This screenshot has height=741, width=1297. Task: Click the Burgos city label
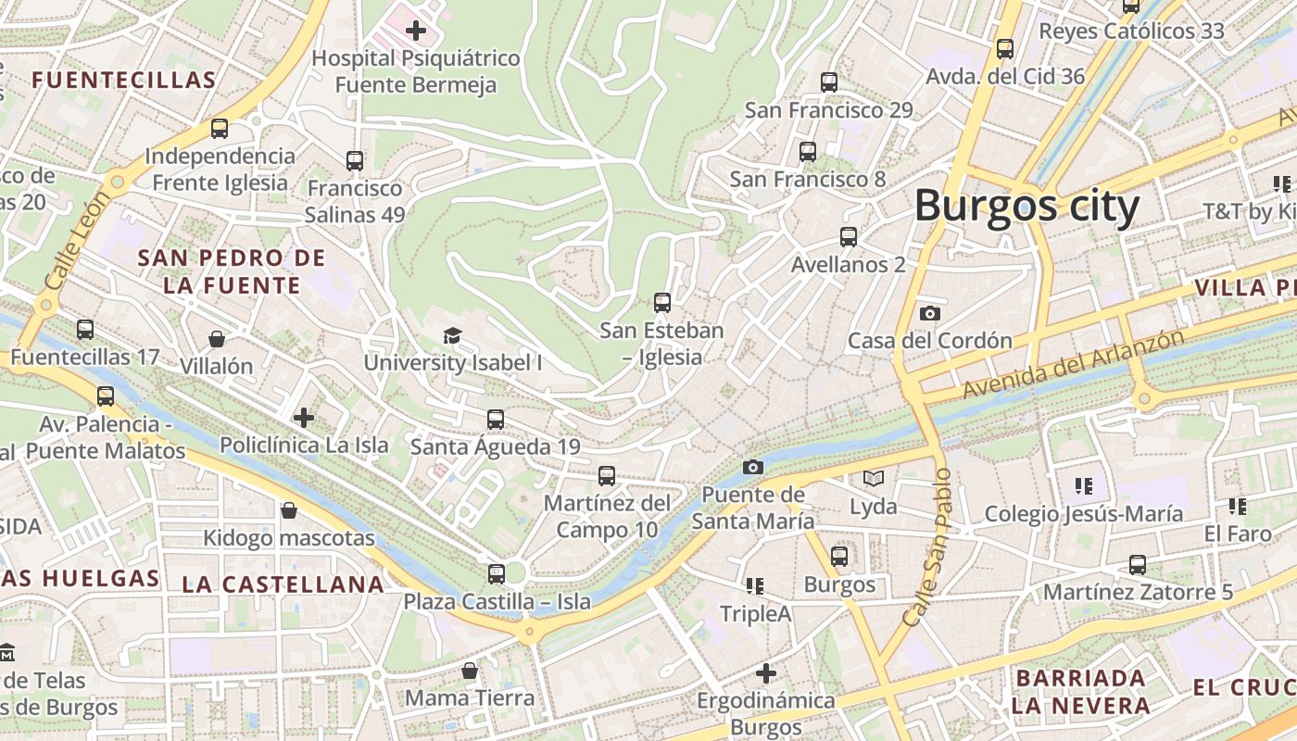tap(1026, 207)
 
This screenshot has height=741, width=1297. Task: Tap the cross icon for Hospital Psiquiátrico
tap(416, 31)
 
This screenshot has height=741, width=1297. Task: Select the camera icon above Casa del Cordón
tap(930, 314)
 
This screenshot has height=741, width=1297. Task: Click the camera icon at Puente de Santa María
tap(753, 467)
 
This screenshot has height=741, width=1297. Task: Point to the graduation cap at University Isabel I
tap(452, 335)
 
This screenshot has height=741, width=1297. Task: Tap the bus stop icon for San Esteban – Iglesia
tap(661, 302)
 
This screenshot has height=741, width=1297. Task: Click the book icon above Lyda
tap(873, 479)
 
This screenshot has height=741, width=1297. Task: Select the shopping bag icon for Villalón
tap(216, 339)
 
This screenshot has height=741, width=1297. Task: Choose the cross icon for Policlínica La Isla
tap(304, 418)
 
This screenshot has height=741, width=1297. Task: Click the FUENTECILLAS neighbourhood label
tap(124, 81)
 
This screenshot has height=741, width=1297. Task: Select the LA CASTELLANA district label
tap(283, 584)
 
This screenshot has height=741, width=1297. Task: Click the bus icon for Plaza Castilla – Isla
tap(497, 573)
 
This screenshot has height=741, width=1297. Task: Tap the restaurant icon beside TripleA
tap(755, 585)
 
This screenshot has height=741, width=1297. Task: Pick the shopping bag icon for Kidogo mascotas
tap(289, 510)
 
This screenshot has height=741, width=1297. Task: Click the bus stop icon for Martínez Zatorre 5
tap(1137, 564)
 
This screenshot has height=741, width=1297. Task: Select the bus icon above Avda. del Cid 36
tap(1004, 48)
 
